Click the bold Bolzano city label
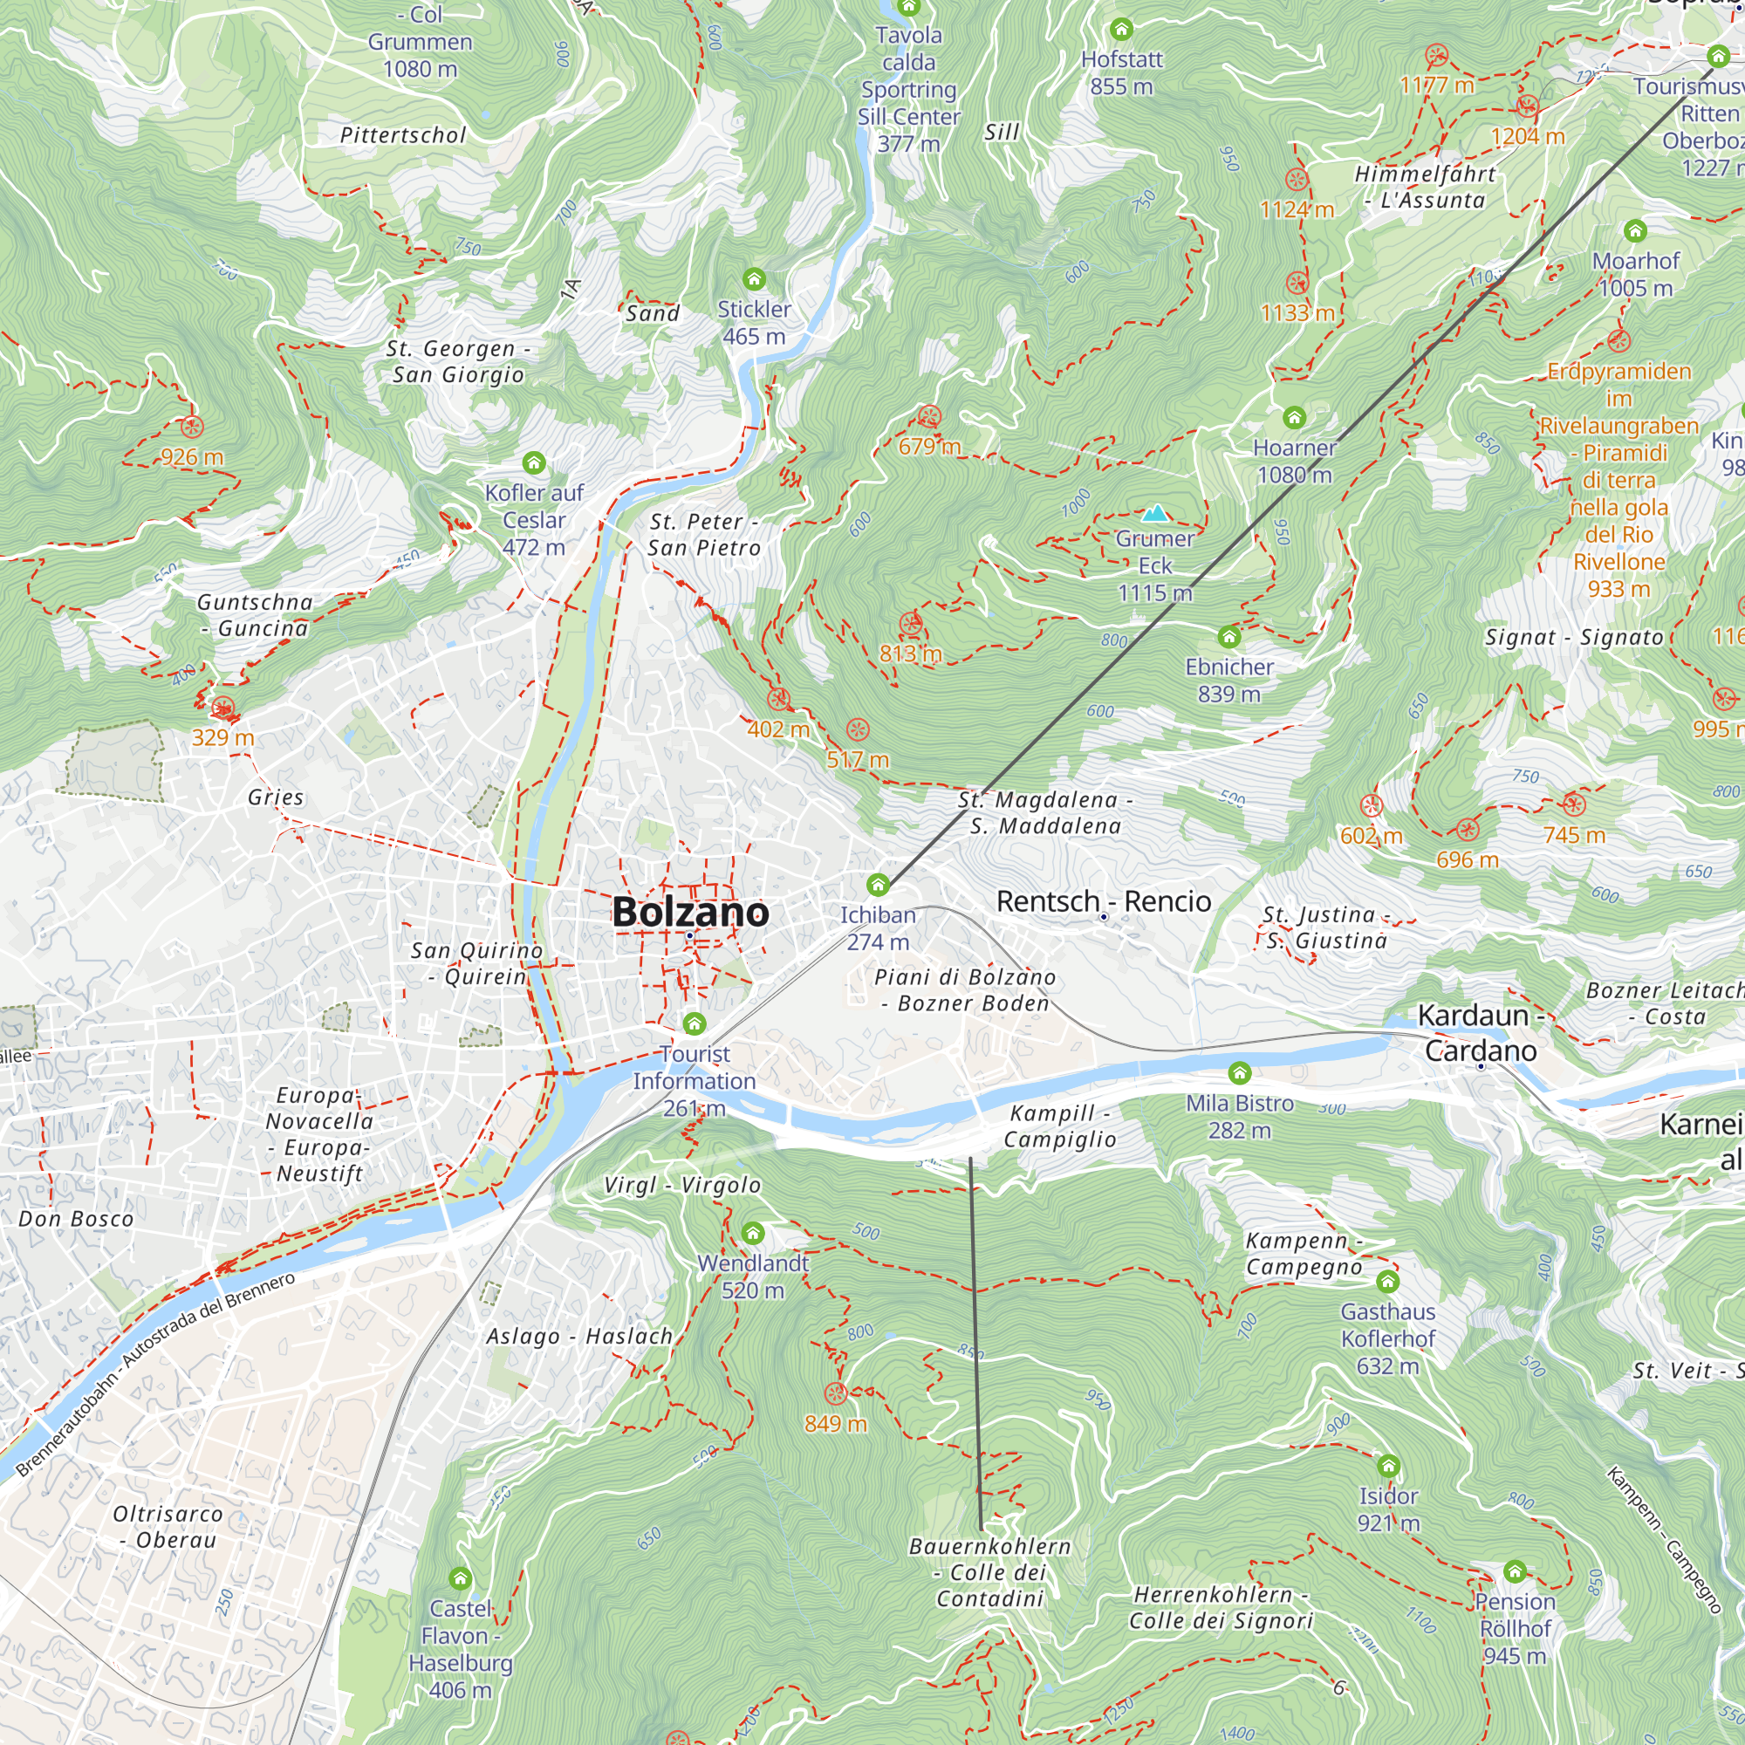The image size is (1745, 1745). pos(690,912)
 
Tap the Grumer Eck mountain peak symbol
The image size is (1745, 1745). pos(1155,514)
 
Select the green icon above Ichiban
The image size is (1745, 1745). pos(877,884)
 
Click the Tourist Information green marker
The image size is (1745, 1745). pos(694,1023)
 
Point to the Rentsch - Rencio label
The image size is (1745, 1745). pos(1104,900)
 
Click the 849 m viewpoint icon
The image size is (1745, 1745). pos(836,1393)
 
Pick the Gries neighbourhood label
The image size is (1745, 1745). pos(276,797)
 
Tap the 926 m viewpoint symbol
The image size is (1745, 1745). pos(191,428)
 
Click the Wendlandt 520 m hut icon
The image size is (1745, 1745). pos(752,1233)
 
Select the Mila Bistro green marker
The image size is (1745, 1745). pos(1239,1073)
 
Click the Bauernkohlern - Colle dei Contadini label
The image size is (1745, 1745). pos(990,1572)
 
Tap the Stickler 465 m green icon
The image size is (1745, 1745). pos(753,278)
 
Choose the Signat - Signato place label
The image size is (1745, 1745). pos(1573,638)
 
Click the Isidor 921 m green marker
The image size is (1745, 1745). pos(1388,1466)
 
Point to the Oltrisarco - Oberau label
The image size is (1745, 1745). pos(168,1526)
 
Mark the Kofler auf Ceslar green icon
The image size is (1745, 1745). pos(534,463)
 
